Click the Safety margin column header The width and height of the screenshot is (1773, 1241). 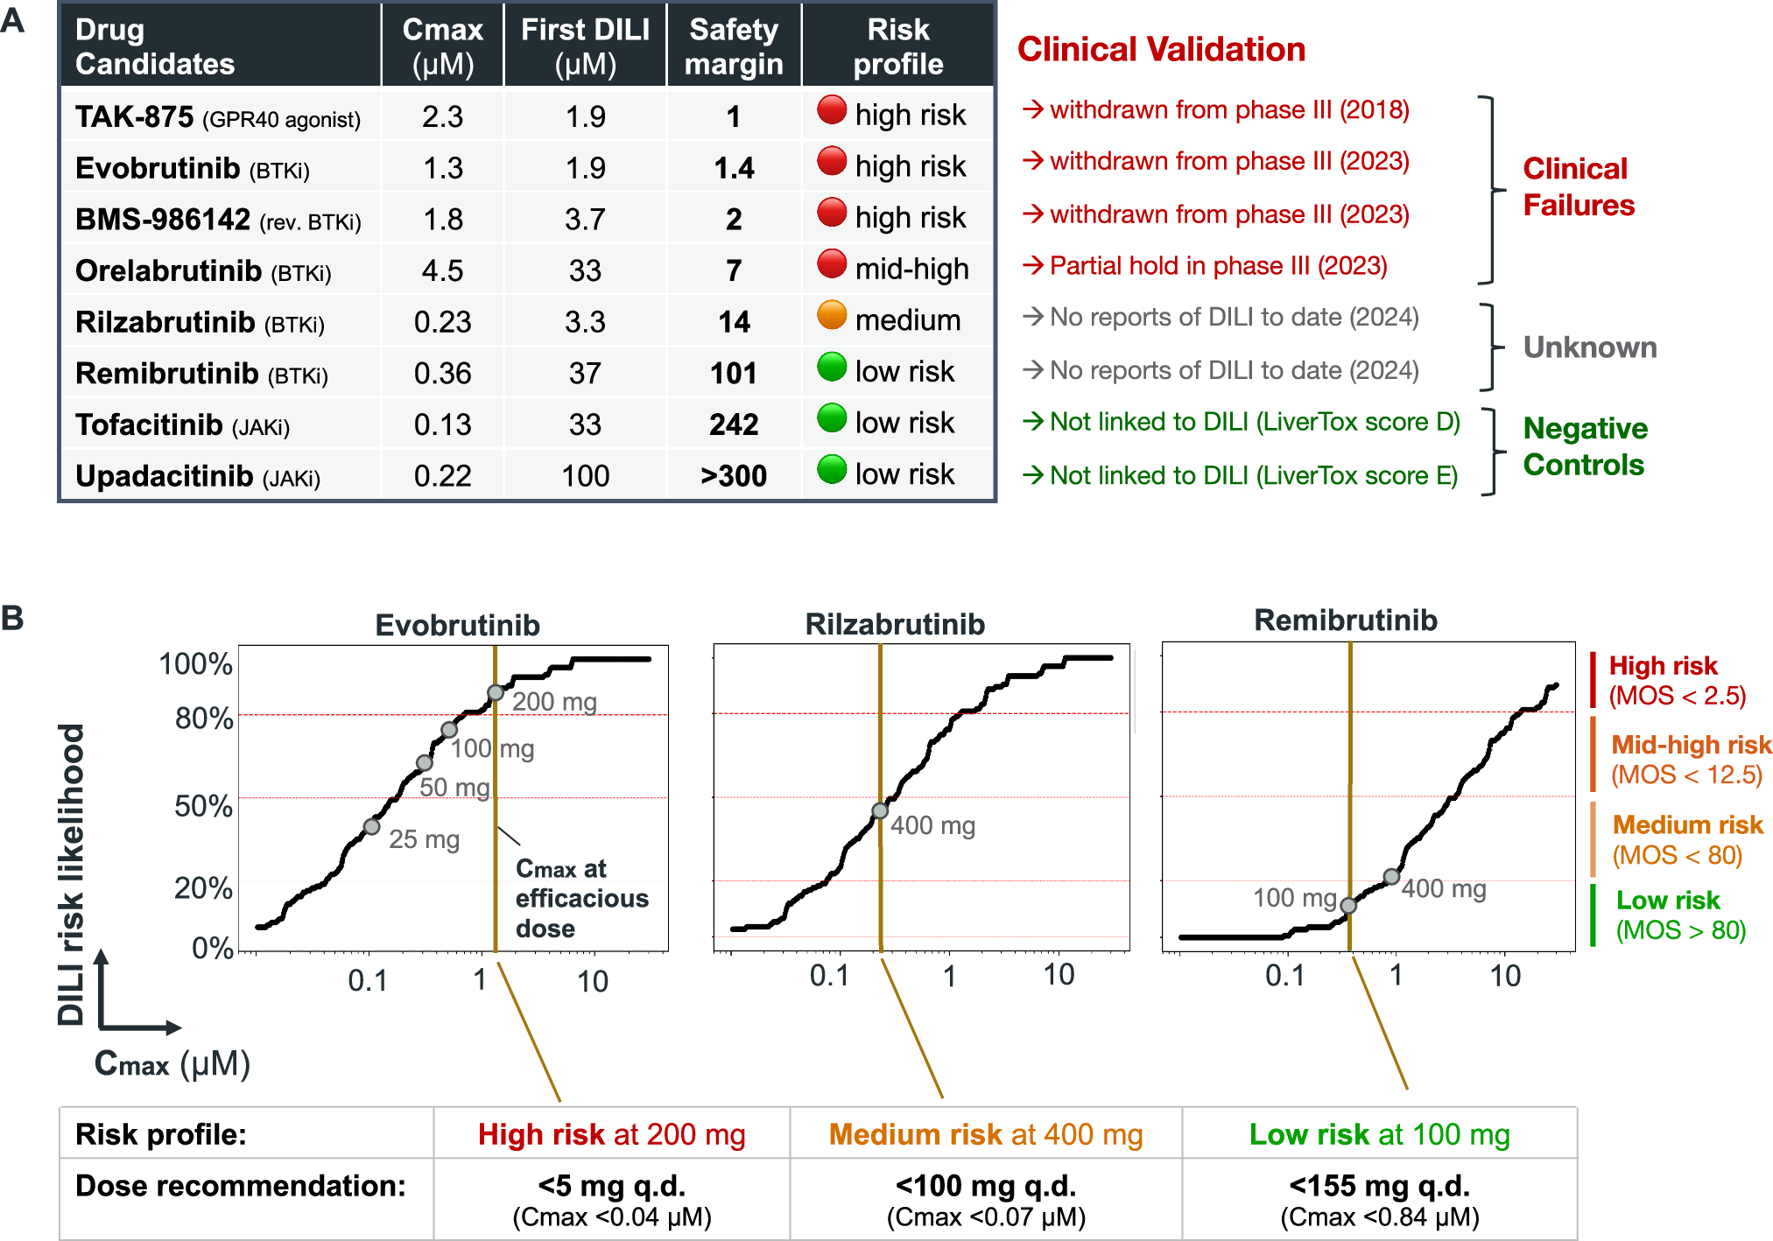[x=734, y=46]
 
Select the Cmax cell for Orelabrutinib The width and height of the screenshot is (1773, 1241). [x=442, y=270]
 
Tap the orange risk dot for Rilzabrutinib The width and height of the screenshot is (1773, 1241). [x=832, y=315]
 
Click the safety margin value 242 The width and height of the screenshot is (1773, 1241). [x=734, y=424]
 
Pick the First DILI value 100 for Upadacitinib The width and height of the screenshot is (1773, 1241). [x=585, y=476]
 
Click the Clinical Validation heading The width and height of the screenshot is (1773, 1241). [x=1161, y=49]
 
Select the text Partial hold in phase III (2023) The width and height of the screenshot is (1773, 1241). [x=1217, y=266]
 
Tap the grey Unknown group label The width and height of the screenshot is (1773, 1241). [x=1590, y=347]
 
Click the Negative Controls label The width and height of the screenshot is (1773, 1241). [x=1585, y=446]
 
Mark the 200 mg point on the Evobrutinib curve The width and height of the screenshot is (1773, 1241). [x=496, y=693]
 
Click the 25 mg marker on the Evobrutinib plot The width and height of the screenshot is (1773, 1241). [x=372, y=826]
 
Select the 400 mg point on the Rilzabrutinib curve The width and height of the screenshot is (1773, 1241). [x=880, y=811]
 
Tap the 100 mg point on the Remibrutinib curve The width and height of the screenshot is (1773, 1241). [x=1349, y=906]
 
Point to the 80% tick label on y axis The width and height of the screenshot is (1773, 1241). [x=204, y=719]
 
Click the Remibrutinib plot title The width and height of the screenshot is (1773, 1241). [x=1346, y=620]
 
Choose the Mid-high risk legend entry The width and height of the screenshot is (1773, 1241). [x=1690, y=759]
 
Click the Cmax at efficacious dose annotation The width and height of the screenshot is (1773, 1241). [x=581, y=898]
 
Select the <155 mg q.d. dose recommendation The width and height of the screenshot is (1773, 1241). [x=1379, y=1186]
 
